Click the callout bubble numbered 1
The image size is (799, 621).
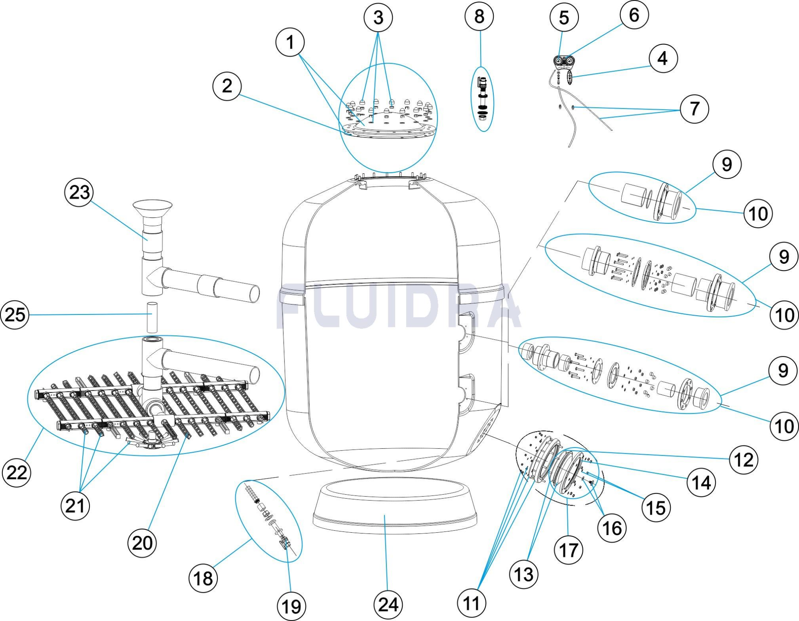click(x=290, y=42)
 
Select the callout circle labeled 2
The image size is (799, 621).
click(x=227, y=86)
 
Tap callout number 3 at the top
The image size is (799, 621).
click(x=378, y=18)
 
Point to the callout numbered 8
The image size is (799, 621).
click(x=479, y=17)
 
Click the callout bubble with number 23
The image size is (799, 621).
click(x=79, y=193)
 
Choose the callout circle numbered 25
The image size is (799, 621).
click(x=15, y=315)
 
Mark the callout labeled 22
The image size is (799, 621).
click(x=16, y=473)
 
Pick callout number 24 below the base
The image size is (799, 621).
click(x=388, y=605)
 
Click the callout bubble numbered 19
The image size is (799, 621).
click(x=291, y=607)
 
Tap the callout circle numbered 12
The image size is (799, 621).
click(x=743, y=460)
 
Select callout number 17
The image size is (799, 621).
click(x=568, y=550)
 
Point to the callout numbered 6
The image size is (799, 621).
click(x=634, y=15)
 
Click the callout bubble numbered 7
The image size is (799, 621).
click(x=694, y=109)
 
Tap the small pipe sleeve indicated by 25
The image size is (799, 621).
click(x=152, y=317)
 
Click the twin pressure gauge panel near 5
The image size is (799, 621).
click(x=564, y=61)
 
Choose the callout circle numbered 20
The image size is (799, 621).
click(x=142, y=543)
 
